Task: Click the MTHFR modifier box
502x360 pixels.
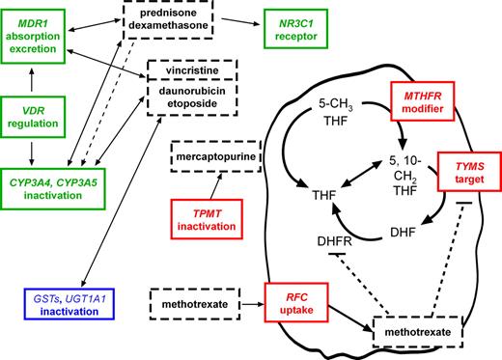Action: [x=422, y=104]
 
